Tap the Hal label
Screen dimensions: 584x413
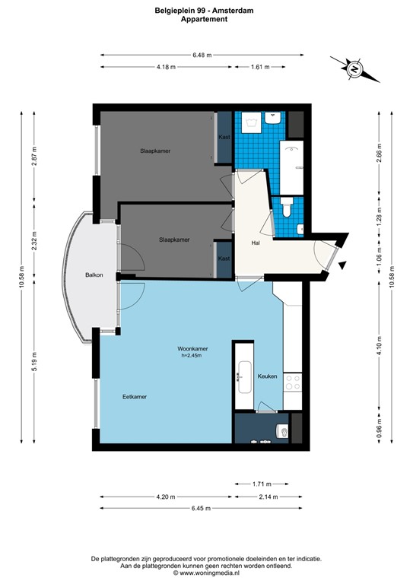(x=257, y=243)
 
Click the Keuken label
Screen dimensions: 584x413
(x=267, y=376)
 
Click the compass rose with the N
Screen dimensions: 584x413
(x=354, y=69)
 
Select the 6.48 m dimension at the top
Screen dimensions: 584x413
(x=202, y=55)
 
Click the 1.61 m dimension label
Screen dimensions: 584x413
(x=260, y=67)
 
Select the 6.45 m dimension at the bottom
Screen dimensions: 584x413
(x=202, y=508)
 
